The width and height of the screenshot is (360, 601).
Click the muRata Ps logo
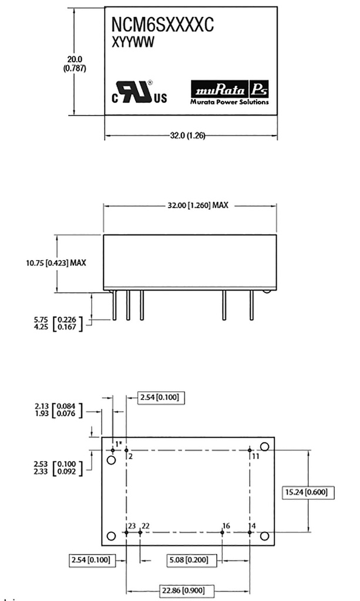[230, 89]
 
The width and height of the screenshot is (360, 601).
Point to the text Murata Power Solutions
[230, 102]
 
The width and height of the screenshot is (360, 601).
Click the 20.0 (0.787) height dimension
[74, 63]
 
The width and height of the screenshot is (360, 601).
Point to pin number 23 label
[132, 525]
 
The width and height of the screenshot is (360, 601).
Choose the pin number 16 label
[226, 525]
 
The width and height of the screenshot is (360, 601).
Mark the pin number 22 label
[146, 525]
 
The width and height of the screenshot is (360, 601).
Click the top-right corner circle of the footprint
[265, 447]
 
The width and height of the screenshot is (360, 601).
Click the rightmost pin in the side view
[251, 306]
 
